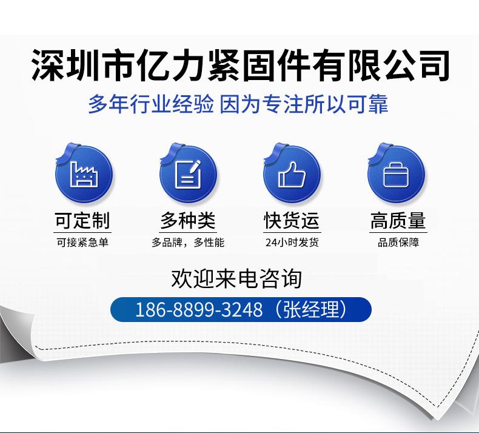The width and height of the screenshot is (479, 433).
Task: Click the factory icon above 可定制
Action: click(84, 174)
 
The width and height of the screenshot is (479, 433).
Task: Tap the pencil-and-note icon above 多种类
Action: click(188, 174)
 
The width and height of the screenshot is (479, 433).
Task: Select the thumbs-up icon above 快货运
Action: click(292, 174)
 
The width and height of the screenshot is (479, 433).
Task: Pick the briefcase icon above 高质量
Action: click(396, 175)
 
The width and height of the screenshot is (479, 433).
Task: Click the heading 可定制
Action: click(82, 220)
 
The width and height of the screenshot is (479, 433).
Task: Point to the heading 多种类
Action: click(188, 220)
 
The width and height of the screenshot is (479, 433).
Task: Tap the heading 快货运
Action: click(292, 220)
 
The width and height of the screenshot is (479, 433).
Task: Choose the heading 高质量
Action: click(398, 220)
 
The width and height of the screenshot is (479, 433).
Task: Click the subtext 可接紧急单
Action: click(82, 243)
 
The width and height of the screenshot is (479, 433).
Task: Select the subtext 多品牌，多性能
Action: click(188, 243)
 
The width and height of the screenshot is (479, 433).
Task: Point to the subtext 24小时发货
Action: click(292, 243)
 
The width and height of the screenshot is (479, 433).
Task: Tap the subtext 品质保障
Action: click(398, 243)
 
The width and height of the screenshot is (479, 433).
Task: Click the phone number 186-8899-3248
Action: click(199, 309)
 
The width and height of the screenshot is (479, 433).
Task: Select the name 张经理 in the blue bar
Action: click(312, 309)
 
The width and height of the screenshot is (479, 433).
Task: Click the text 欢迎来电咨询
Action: click(236, 278)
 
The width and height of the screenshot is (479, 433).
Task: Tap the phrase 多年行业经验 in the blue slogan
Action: click(151, 104)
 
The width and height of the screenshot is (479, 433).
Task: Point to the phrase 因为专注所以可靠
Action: click(304, 104)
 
